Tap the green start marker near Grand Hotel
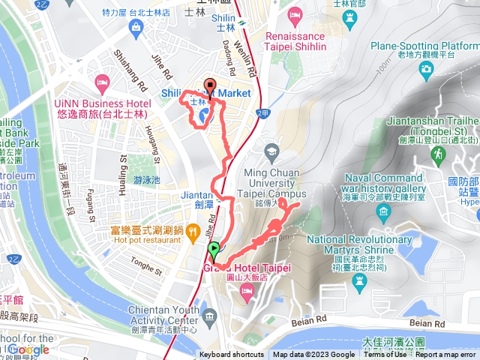(x=214, y=250)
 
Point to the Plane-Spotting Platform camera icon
(x=426, y=69)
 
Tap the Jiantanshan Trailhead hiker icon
(x=437, y=154)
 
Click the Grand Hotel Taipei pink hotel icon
(x=245, y=294)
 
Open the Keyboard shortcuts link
(x=232, y=355)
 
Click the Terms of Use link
(x=385, y=355)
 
